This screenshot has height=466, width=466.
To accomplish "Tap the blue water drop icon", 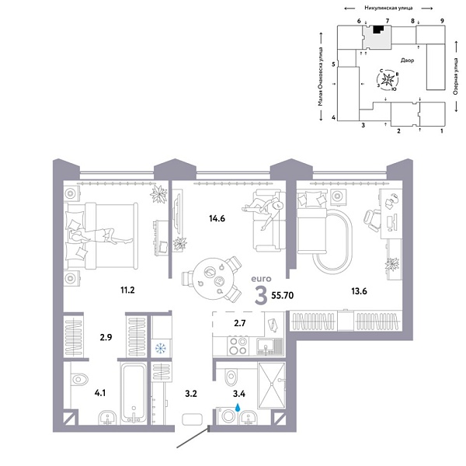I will pos(239,405).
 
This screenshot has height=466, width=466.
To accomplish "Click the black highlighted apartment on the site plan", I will pos(377,30).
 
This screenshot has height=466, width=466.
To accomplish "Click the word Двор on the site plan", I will pos(407,60).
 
